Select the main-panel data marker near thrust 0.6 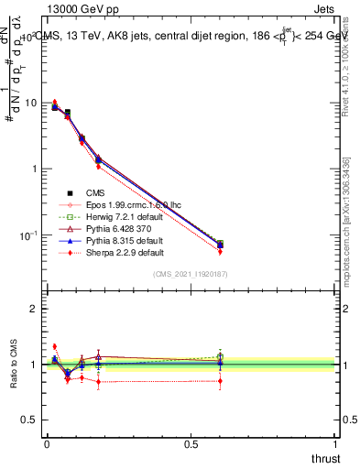(220, 245)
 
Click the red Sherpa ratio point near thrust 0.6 (220, 381)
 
